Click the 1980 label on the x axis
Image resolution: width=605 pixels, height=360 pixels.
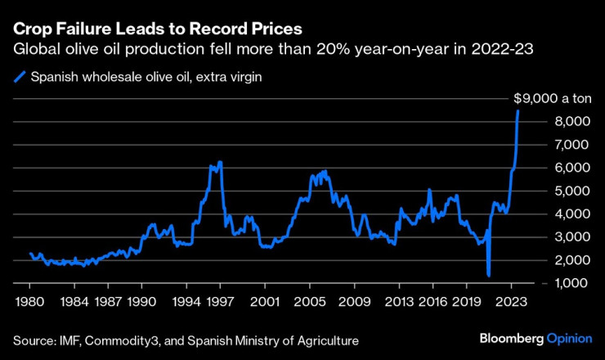29,300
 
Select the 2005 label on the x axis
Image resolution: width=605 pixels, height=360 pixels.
310,300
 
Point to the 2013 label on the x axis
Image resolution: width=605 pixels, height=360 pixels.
400,300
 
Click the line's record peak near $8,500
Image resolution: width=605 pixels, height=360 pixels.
518,110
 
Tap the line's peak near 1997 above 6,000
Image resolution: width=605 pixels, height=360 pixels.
219,162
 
